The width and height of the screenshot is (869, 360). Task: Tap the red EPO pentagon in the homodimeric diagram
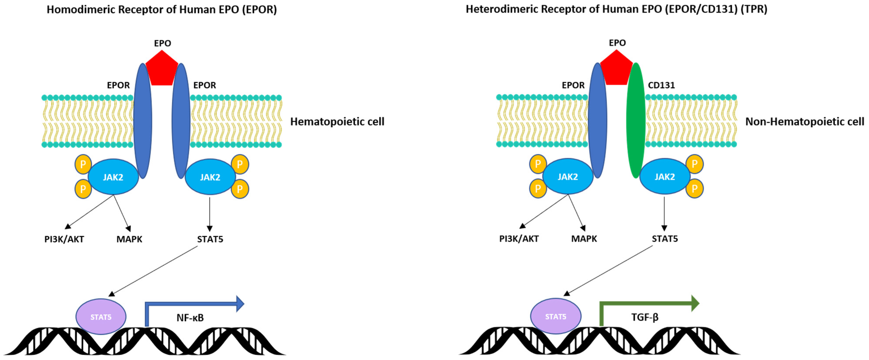click(162, 69)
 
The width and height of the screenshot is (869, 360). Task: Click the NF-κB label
click(190, 318)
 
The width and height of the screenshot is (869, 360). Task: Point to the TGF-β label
click(645, 317)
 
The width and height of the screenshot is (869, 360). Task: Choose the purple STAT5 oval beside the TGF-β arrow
click(556, 316)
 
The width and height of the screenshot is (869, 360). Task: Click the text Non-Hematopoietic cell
click(805, 122)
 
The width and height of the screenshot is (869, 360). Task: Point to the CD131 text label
click(661, 85)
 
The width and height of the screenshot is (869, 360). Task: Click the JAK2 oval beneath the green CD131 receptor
click(665, 176)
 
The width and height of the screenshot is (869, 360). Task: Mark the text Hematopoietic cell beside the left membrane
click(337, 122)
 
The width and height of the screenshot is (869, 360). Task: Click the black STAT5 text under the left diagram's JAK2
click(210, 239)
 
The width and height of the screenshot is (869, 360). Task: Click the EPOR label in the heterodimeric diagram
click(573, 85)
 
